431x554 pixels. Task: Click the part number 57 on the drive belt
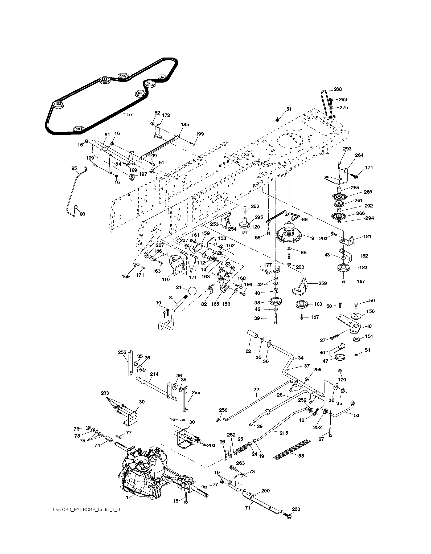pyautogui.click(x=130, y=115)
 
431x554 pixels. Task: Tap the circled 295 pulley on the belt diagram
pyautogui.click(x=123, y=76)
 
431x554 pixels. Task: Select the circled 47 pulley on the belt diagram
pyautogui.click(x=163, y=77)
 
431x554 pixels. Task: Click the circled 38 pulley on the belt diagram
pyautogui.click(x=149, y=83)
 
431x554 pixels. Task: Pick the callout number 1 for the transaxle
pyautogui.click(x=127, y=497)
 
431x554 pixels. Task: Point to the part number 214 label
pyautogui.click(x=154, y=374)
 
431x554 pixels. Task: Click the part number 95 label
pyautogui.click(x=74, y=168)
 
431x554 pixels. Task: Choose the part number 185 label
pyautogui.click(x=185, y=124)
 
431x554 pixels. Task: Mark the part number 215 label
pyautogui.click(x=284, y=433)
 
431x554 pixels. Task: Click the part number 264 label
pyautogui.click(x=359, y=155)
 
